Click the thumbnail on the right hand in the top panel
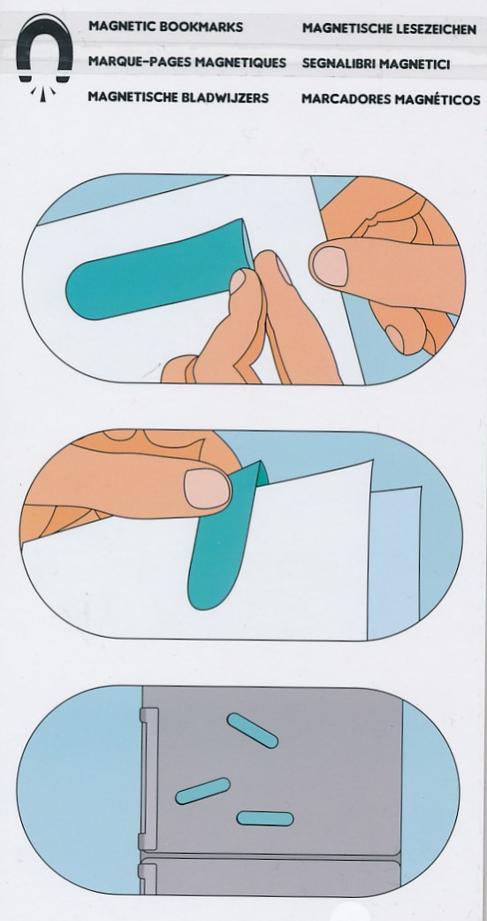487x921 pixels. [329, 265]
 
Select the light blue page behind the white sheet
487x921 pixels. [393, 561]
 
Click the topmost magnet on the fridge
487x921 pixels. [252, 730]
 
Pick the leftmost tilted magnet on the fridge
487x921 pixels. [202, 791]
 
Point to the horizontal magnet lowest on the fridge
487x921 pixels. [265, 818]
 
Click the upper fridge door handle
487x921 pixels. [148, 779]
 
